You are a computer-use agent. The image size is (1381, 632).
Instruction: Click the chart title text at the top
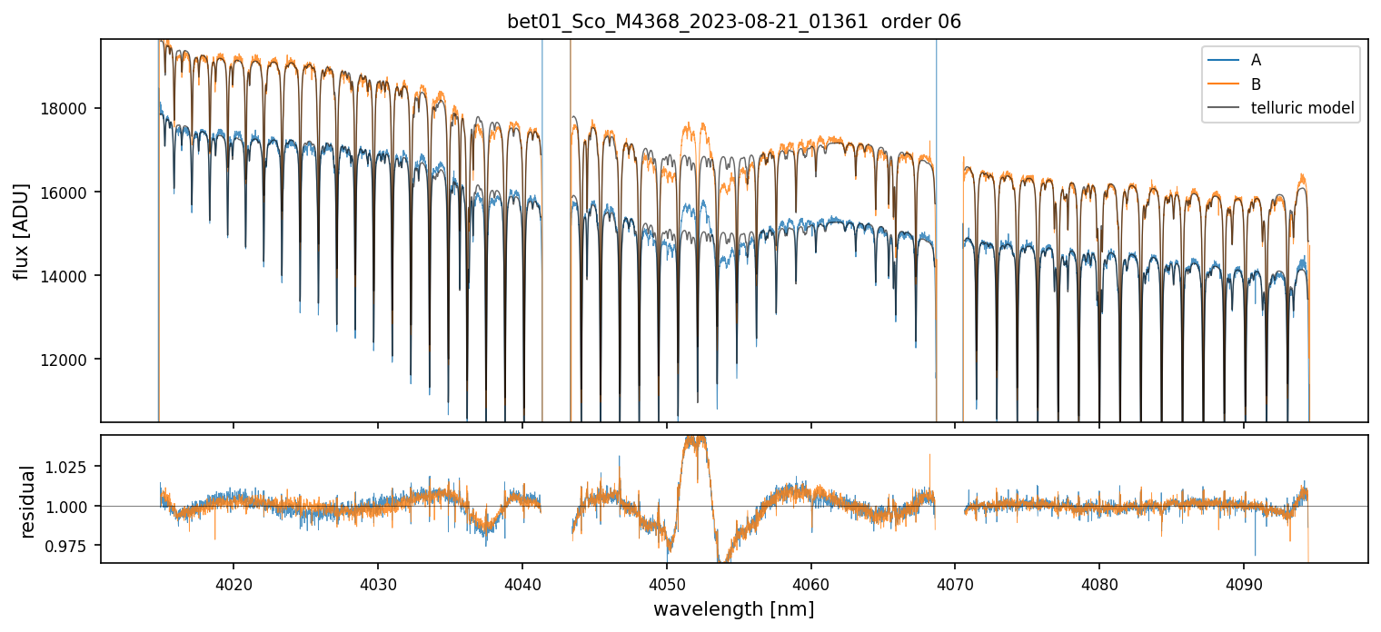[734, 22]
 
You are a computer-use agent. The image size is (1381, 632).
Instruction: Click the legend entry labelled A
[1256, 60]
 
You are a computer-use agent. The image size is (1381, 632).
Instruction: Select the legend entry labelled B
[1256, 84]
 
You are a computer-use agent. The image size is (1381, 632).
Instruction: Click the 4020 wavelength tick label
[233, 582]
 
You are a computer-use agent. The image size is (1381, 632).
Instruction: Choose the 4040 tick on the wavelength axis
[522, 582]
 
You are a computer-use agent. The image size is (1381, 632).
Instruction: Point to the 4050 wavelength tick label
[667, 582]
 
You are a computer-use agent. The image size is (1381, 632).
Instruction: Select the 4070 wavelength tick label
[955, 582]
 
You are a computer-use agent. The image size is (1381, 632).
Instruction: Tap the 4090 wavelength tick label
[1244, 582]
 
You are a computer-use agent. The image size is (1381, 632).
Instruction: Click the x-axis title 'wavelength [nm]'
[734, 608]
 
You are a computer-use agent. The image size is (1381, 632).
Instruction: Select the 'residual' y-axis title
[28, 501]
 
